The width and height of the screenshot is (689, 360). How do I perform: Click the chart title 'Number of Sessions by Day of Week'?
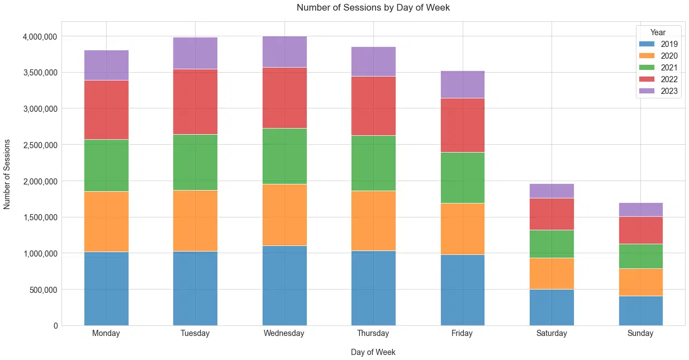pos(373,8)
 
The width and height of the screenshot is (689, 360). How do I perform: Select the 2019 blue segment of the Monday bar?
pos(106,288)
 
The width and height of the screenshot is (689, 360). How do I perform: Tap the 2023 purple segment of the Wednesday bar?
pos(284,51)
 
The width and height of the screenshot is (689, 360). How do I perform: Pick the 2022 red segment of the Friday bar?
pos(462,125)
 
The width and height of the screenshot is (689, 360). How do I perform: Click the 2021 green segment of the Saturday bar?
pos(552,244)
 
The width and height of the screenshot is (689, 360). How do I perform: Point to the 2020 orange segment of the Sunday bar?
pos(640,282)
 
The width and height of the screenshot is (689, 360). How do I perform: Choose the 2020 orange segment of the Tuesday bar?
pos(195,221)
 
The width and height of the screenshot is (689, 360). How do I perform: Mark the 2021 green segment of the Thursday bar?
pos(373,163)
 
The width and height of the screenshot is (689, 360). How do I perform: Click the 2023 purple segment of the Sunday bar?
pos(640,210)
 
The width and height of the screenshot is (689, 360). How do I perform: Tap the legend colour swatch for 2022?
pos(647,80)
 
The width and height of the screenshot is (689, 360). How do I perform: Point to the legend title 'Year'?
pos(658,32)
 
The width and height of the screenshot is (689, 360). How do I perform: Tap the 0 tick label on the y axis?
pos(55,326)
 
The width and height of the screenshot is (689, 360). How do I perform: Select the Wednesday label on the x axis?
pos(284,334)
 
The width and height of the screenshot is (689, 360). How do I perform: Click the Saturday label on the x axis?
pos(552,334)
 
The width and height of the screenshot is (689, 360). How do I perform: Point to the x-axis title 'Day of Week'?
pos(373,353)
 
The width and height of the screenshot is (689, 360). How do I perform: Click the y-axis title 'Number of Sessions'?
pos(7,174)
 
